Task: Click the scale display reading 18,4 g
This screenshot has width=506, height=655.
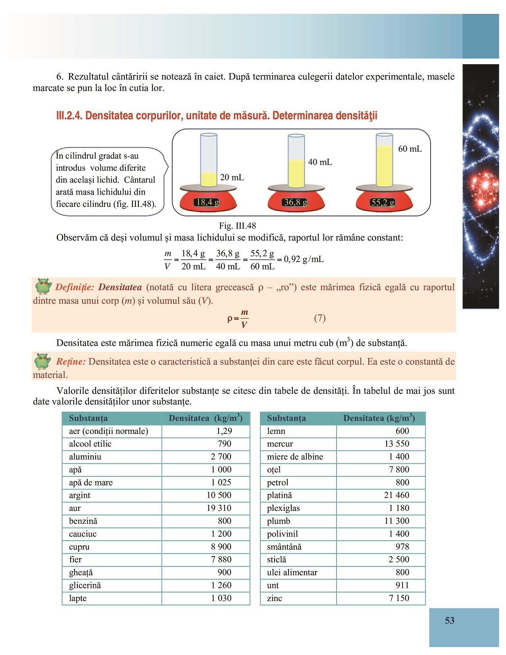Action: point(207,202)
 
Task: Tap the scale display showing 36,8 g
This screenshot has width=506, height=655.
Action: point(296,202)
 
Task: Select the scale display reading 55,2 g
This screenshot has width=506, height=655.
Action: point(383,202)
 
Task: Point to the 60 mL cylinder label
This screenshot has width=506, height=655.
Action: point(410,149)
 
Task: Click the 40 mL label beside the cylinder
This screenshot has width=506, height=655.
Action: point(320,162)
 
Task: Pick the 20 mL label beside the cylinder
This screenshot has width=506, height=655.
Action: point(232,177)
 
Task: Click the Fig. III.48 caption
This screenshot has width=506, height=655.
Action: point(237,226)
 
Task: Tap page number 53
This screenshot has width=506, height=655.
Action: point(449,620)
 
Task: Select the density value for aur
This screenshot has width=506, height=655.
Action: point(219,508)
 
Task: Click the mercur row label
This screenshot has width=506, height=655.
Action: point(280,444)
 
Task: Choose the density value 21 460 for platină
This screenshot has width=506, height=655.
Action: point(396,495)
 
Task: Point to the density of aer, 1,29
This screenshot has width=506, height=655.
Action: point(224,431)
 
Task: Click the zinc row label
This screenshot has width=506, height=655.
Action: point(275,598)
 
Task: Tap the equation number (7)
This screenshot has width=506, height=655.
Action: point(320,318)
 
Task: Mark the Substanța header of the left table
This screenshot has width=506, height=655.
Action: point(88,418)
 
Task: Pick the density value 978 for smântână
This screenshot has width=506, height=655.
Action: point(402,547)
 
